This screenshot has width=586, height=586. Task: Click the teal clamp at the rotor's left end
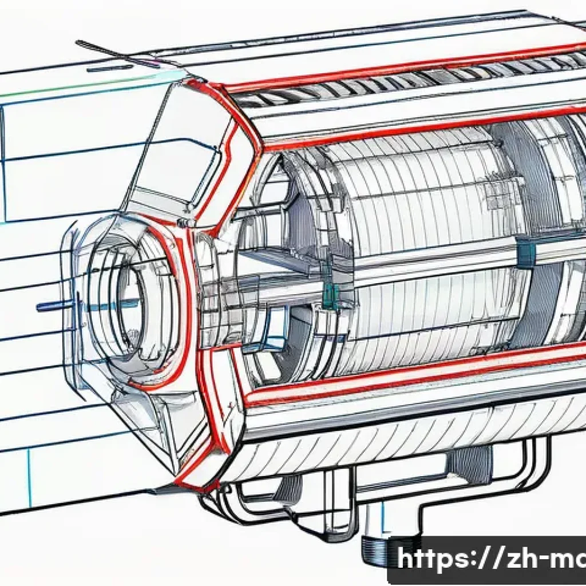click(331, 295)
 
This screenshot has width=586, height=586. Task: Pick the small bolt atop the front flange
click(184, 222)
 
